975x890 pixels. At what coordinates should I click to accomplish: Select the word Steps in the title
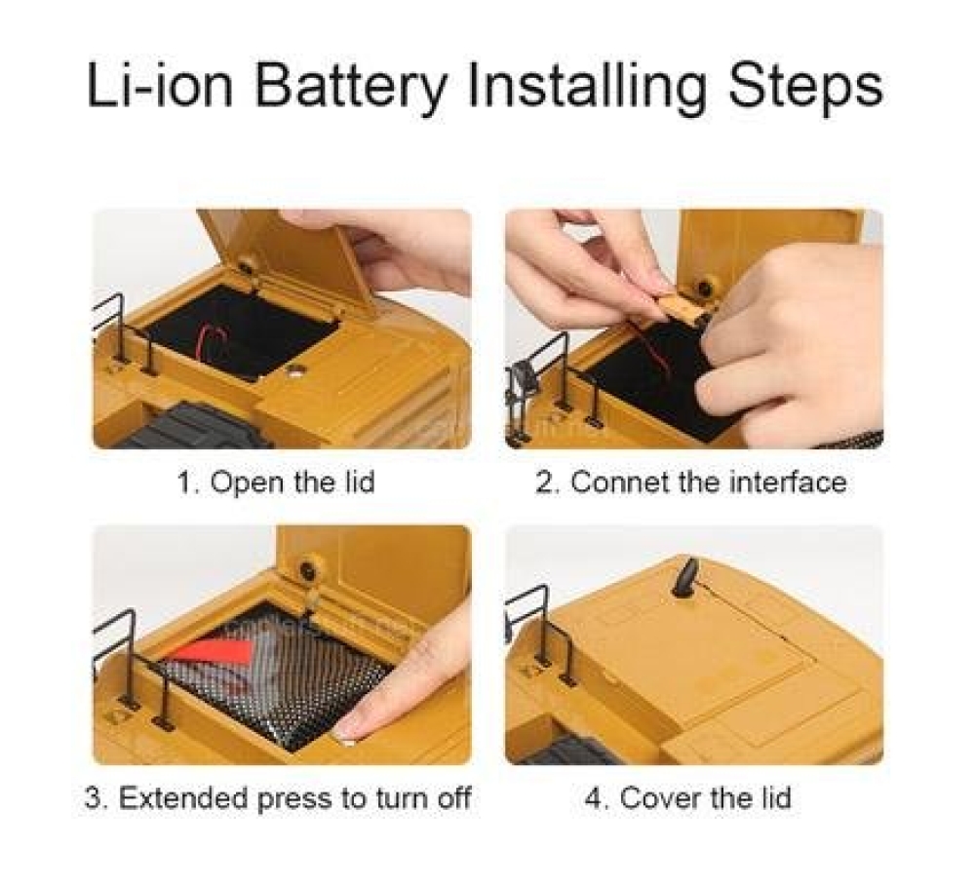(x=805, y=88)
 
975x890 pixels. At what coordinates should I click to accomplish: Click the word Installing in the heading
(x=588, y=88)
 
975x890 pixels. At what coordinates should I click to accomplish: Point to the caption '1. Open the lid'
(x=277, y=482)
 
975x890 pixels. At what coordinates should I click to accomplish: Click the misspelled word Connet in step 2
(x=619, y=482)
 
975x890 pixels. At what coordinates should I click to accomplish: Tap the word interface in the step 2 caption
(x=787, y=482)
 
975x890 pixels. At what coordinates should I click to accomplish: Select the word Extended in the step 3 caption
(x=183, y=797)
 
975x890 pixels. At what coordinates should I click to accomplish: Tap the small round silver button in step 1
(x=293, y=372)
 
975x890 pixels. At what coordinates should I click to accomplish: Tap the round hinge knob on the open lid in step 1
(x=247, y=266)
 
